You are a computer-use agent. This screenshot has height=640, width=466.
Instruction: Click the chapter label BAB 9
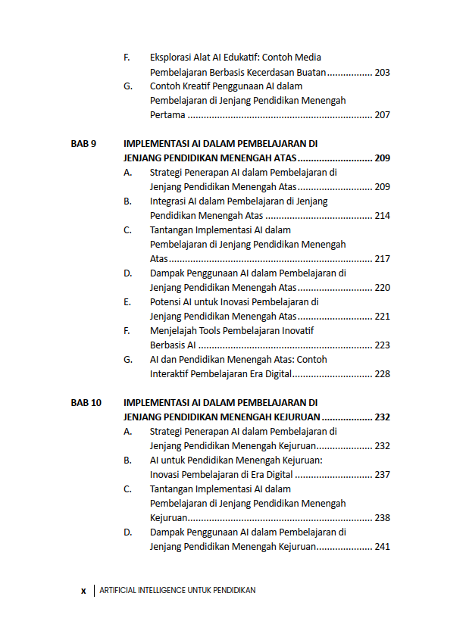(83, 144)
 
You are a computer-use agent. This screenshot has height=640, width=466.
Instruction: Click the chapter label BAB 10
(86, 403)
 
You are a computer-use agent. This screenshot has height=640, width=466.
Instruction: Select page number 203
(382, 73)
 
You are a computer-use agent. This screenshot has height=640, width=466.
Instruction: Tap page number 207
(382, 116)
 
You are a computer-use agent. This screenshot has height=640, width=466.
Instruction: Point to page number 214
(382, 216)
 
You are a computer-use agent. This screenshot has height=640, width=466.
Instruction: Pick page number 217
(382, 259)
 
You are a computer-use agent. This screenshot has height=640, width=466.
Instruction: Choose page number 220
(382, 288)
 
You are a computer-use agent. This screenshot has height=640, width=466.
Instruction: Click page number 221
(382, 317)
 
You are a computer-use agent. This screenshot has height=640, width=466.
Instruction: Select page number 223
(382, 345)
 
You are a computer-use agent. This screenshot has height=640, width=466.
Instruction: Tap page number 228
(382, 374)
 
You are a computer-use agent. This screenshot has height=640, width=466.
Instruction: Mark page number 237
(382, 475)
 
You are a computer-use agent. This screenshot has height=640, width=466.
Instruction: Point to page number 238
(382, 518)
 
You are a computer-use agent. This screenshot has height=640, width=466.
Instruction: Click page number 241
(382, 547)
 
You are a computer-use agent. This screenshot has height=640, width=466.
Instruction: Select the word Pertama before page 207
(167, 116)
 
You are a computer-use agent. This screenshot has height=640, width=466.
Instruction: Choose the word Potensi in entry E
(166, 302)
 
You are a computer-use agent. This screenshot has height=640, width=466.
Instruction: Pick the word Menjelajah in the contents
(174, 331)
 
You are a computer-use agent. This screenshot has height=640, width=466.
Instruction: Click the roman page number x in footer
(83, 591)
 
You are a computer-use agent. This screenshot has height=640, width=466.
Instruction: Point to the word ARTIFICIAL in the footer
(118, 591)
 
